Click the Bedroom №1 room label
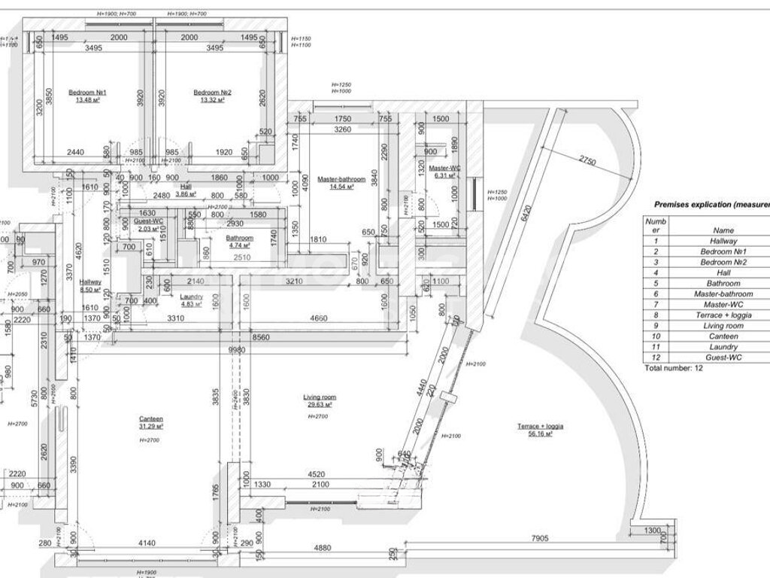(x=88, y=93)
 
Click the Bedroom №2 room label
(x=213, y=93)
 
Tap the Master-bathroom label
(x=341, y=180)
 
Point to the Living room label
(x=319, y=397)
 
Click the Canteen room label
(x=151, y=419)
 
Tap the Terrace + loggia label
(x=540, y=426)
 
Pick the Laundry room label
(x=192, y=297)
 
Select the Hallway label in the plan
(x=90, y=281)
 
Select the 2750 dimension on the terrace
(x=587, y=162)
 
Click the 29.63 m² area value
(x=319, y=404)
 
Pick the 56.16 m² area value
(x=540, y=433)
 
